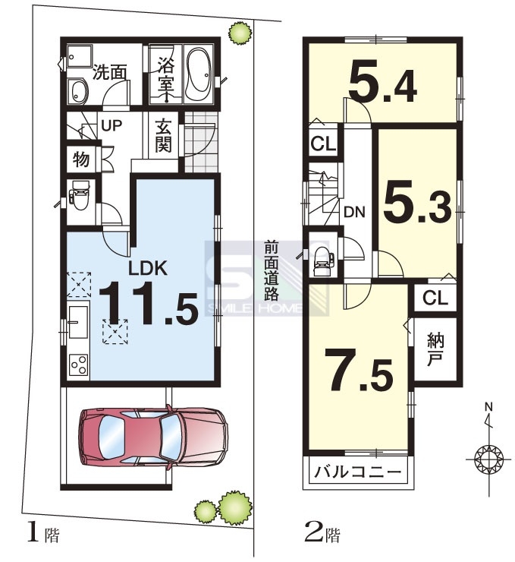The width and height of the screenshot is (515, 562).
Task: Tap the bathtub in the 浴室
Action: [x=199, y=74]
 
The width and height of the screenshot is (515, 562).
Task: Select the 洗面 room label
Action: [x=110, y=72]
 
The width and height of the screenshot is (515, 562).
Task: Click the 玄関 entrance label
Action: [x=164, y=135]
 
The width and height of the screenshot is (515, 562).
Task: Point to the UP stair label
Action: [x=111, y=125]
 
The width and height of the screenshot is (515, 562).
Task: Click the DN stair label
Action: [x=354, y=212]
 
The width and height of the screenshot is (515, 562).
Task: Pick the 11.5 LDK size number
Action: [x=148, y=303]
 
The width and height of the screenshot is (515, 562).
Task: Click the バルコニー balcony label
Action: [x=357, y=472]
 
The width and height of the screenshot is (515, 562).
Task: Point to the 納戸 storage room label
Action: [x=435, y=349]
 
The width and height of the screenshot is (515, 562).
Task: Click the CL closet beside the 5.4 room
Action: [x=323, y=144]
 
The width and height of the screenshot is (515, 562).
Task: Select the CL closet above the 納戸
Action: [x=435, y=298]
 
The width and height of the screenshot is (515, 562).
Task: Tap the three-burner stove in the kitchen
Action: [x=79, y=365]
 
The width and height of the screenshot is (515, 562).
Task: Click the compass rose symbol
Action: [x=488, y=459]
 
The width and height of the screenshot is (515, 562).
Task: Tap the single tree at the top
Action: [x=240, y=33]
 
